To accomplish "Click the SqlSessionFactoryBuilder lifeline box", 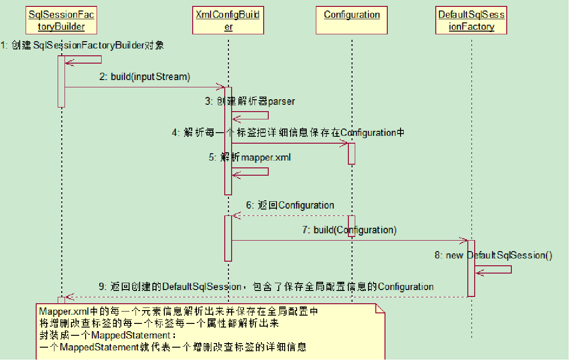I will pyautogui.click(x=61, y=21).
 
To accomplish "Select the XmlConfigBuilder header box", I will pyautogui.click(x=228, y=21).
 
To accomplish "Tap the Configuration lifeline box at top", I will pyautogui.click(x=352, y=21).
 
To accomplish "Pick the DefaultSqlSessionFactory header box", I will pyautogui.click(x=471, y=21).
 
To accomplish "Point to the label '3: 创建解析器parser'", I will pyautogui.click(x=250, y=101).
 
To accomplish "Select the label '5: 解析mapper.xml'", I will pyautogui.click(x=250, y=157).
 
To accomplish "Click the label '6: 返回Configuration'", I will pyautogui.click(x=290, y=205).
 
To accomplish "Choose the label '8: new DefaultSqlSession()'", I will pyautogui.click(x=493, y=255).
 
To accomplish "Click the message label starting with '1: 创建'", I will pyautogui.click(x=82, y=45).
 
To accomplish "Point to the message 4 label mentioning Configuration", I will pyautogui.click(x=288, y=133).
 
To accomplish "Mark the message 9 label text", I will pyautogui.click(x=266, y=287).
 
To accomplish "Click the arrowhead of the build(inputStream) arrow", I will pyautogui.click(x=222, y=87).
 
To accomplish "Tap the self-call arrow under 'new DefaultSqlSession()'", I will pyautogui.click(x=494, y=269).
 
